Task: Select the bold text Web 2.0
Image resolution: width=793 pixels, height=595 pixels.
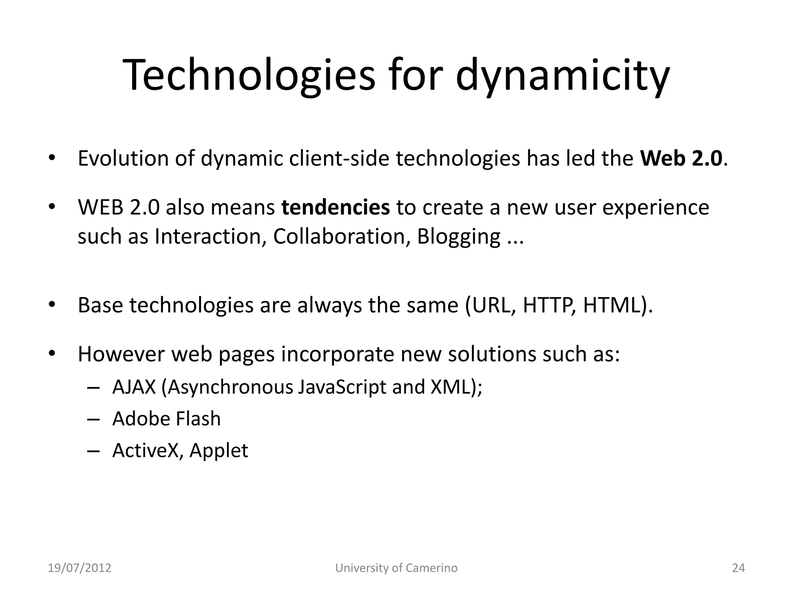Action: [681, 158]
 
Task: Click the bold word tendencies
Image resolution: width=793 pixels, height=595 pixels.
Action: [335, 207]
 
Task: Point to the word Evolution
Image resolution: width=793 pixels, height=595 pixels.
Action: [123, 158]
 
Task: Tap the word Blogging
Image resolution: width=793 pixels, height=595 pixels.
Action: [458, 237]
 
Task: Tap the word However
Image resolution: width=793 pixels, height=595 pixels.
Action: [121, 354]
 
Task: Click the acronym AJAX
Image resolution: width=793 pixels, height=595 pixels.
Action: [134, 387]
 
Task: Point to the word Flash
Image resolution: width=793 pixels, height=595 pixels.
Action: [198, 419]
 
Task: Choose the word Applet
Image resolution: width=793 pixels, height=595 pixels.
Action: [219, 451]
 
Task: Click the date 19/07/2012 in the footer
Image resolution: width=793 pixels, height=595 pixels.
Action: [79, 568]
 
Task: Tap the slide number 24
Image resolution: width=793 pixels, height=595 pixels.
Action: [738, 568]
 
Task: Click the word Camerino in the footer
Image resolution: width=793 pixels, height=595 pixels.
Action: [431, 568]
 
